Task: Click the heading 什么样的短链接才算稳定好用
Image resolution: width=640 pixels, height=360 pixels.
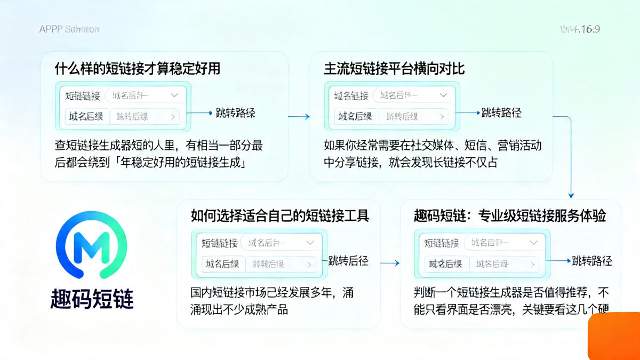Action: click(x=137, y=69)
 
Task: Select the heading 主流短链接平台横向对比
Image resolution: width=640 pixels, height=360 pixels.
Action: click(x=394, y=69)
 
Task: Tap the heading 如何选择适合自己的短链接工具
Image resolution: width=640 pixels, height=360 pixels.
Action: click(x=280, y=215)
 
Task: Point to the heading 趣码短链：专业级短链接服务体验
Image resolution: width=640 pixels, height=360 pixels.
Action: click(x=509, y=215)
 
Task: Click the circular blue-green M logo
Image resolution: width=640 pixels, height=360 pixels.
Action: click(x=91, y=245)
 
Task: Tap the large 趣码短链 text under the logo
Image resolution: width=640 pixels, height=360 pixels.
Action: click(x=91, y=299)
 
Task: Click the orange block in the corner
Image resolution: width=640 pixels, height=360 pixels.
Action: click(x=614, y=337)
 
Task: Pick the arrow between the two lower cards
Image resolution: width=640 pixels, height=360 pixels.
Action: click(x=390, y=263)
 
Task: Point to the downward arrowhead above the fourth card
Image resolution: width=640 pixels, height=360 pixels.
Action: click(x=571, y=195)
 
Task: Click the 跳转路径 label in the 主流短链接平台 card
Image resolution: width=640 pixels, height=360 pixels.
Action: click(x=501, y=113)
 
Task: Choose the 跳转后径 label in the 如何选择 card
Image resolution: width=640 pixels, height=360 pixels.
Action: click(x=348, y=261)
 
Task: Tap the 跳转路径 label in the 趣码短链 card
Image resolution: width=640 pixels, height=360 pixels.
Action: click(x=591, y=261)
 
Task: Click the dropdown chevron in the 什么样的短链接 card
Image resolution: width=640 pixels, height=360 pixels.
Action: click(x=174, y=95)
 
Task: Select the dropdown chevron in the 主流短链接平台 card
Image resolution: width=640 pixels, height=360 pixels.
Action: click(x=443, y=95)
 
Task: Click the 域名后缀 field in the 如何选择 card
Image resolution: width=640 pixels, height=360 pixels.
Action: click(x=222, y=263)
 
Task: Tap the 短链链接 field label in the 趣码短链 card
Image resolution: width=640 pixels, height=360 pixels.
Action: click(x=442, y=243)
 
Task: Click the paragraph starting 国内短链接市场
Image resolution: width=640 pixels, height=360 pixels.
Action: click(x=272, y=301)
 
